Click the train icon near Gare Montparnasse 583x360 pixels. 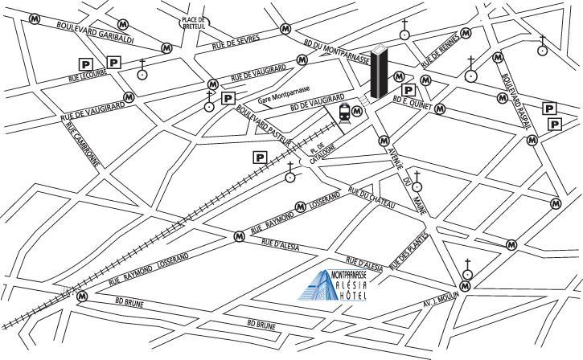346,115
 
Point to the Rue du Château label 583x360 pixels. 372,199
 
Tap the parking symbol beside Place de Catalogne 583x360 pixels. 261,157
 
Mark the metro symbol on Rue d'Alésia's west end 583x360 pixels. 239,236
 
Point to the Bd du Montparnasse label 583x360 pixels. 338,51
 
